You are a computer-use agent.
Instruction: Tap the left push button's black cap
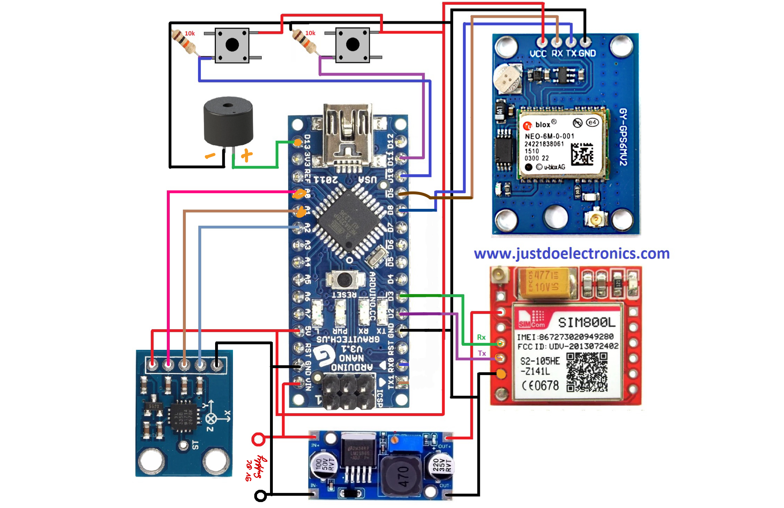(x=232, y=45)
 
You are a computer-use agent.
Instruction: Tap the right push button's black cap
(x=353, y=45)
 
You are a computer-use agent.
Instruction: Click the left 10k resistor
(x=184, y=42)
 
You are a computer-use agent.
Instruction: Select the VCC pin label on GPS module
(x=538, y=53)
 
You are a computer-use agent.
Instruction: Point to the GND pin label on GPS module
(x=587, y=53)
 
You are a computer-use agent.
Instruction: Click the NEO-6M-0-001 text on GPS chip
(x=549, y=136)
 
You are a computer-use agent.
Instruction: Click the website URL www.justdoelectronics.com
(x=572, y=253)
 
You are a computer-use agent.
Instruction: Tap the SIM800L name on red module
(x=587, y=322)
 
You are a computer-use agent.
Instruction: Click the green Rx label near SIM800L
(x=481, y=337)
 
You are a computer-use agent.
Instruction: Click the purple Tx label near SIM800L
(x=482, y=353)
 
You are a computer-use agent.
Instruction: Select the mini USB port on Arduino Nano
(x=347, y=134)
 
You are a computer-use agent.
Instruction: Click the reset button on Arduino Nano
(x=344, y=279)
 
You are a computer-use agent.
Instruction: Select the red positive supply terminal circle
(x=259, y=439)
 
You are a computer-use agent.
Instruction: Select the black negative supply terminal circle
(x=261, y=495)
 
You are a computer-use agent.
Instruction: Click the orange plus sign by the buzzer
(x=247, y=155)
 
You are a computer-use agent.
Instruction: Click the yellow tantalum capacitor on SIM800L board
(x=544, y=281)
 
